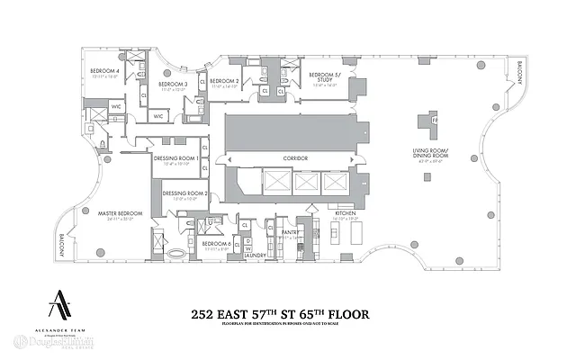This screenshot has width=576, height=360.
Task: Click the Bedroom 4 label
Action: pos(104,71)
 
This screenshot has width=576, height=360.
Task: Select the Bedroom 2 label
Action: pos(223,81)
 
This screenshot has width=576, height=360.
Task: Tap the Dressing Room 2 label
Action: pos(184,193)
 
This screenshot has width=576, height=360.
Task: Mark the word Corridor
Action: pos(295,158)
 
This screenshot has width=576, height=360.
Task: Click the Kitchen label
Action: pos(346,213)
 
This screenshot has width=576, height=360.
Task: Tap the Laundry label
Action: pos(258,256)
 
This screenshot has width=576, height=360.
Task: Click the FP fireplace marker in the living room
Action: pos(434,119)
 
